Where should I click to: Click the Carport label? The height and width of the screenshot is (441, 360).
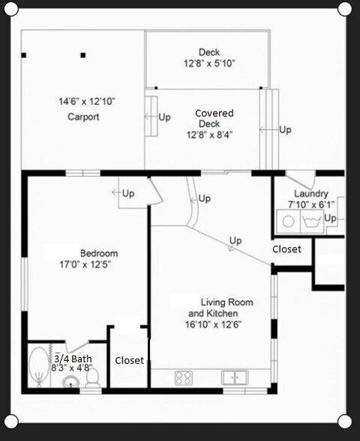(83, 117)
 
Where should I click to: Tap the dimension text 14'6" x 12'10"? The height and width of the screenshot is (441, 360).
(86, 101)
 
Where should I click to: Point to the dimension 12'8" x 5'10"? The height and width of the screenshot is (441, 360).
(209, 64)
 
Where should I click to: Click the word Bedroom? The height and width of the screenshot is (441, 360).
(99, 253)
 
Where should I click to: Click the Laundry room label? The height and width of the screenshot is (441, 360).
(310, 193)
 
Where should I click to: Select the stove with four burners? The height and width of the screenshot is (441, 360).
(184, 377)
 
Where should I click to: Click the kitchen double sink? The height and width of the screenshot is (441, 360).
(235, 377)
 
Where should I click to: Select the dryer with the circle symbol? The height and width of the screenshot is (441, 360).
(287, 220)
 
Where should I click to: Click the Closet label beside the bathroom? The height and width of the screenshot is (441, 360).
(129, 361)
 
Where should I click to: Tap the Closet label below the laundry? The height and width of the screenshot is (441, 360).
(286, 249)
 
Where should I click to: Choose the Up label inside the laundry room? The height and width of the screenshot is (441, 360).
(331, 218)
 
